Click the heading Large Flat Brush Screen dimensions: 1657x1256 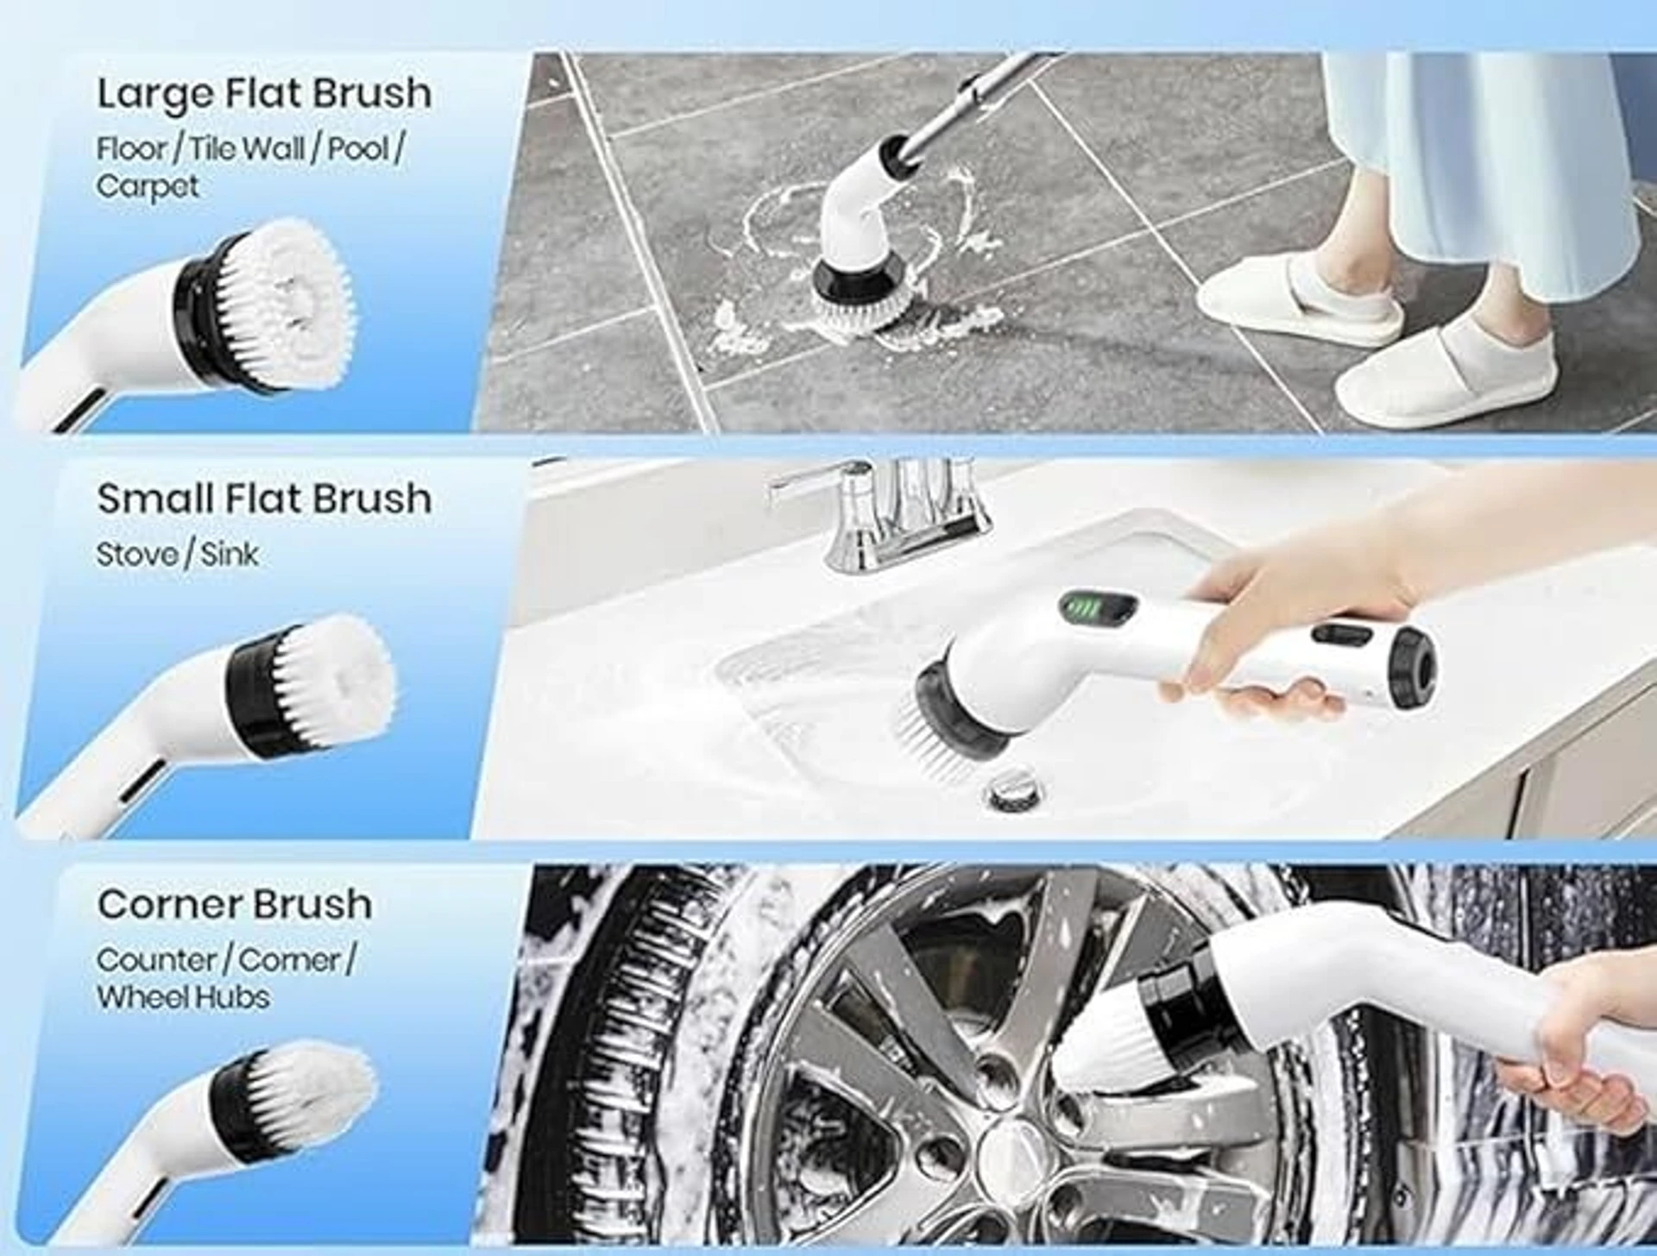(263, 93)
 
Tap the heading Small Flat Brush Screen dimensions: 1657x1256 (263, 499)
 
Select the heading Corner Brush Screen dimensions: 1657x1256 (235, 904)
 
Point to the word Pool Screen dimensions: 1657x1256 (359, 148)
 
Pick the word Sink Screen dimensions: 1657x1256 (230, 555)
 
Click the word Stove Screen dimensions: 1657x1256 (132, 555)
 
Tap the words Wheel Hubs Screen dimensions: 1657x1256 (183, 997)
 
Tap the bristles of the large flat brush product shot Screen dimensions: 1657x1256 (285, 302)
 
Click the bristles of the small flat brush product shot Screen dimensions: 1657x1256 (332, 681)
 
